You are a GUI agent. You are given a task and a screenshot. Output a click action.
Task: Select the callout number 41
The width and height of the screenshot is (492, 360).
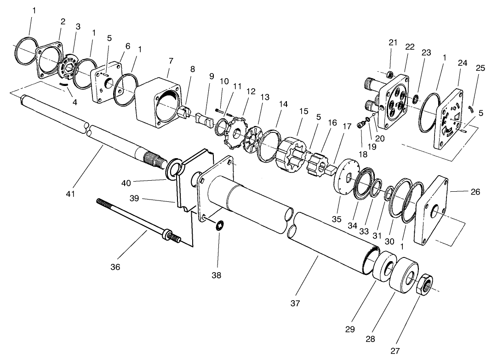tap(69, 194)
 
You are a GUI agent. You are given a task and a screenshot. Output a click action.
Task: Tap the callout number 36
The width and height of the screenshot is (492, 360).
tap(115, 267)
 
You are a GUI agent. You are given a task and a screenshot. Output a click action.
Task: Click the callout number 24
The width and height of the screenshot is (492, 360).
tap(462, 63)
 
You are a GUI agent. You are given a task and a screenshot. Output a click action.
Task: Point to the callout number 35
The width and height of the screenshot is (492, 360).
tap(337, 219)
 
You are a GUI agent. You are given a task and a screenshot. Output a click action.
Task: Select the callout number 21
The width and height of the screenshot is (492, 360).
tap(392, 43)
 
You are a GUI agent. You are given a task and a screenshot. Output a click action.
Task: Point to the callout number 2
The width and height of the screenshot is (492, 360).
tap(63, 21)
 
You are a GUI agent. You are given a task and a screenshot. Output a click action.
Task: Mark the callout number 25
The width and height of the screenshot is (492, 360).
tap(480, 68)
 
